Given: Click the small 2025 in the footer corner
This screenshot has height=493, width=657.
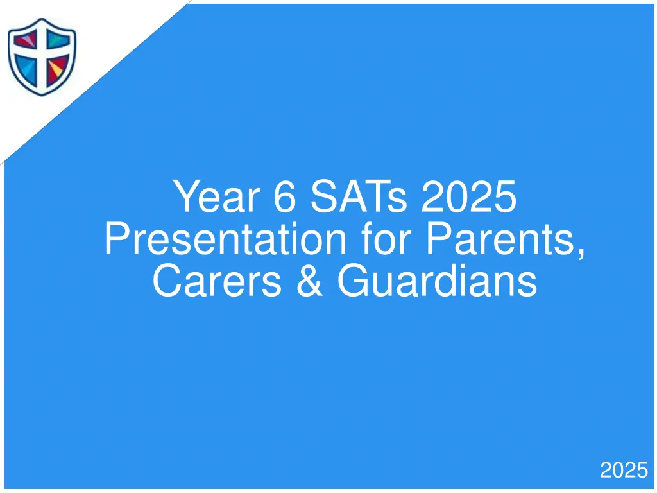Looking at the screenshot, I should tap(624, 471).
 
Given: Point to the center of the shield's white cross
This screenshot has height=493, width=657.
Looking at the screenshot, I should tap(42, 54).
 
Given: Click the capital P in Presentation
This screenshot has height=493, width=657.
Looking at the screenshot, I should tap(115, 239).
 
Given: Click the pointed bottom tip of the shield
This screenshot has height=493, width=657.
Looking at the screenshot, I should tap(42, 94).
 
